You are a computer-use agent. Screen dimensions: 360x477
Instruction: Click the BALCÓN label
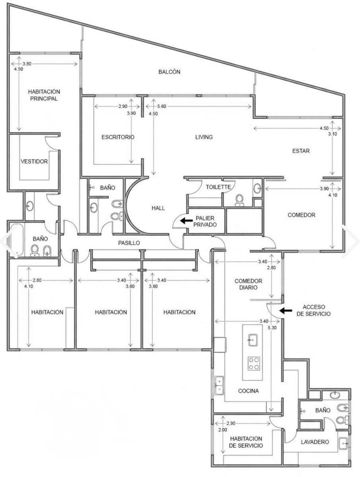coord(169,72)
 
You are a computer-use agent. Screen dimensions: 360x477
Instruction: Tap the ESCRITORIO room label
coord(118,137)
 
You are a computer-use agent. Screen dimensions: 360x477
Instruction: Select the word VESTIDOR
coord(34,161)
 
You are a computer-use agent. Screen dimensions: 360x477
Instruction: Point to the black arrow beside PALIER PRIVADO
coord(186,221)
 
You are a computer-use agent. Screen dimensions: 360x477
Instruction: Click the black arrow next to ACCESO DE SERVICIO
coord(286,310)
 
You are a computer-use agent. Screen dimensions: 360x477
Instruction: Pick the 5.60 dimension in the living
coord(162,106)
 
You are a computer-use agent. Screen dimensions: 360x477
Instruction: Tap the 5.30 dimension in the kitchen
coord(272,328)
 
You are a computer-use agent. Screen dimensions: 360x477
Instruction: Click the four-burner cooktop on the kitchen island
coord(254,364)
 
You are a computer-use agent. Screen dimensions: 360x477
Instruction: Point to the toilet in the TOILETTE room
coord(239,200)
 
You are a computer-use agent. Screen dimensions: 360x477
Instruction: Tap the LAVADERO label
coord(315,442)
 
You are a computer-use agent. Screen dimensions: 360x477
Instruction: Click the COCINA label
coord(248,391)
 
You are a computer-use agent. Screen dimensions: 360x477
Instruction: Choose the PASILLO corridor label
coord(129,243)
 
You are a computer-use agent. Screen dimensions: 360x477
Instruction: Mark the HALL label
coord(158,208)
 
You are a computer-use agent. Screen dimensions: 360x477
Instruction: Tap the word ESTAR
coord(301,151)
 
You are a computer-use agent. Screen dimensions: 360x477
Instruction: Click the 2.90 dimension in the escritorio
coord(123,106)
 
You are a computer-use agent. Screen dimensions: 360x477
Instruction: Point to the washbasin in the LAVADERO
coord(343,443)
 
